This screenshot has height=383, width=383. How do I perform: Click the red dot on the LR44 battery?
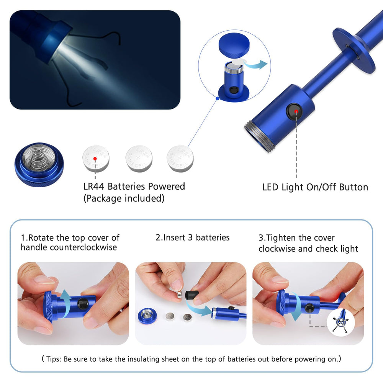tap(95, 159)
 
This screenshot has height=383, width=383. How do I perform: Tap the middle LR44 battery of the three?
tap(139, 159)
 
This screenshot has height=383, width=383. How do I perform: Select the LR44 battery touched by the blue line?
tap(180, 159)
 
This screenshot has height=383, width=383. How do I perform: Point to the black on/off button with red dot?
tap(294, 111)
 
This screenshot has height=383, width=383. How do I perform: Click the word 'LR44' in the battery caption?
tap(94, 187)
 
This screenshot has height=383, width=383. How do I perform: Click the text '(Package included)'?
tap(124, 198)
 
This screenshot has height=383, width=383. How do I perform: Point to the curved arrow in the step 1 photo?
tap(65, 303)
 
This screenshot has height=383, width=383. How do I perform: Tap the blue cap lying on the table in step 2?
tap(146, 316)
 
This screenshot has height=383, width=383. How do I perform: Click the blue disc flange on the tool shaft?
tap(354, 51)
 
